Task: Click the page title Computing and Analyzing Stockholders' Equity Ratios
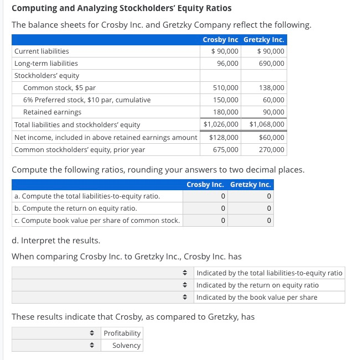point(121,8)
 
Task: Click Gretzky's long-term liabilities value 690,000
point(271,64)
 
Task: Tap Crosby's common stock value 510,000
point(226,88)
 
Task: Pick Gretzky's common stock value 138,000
point(271,88)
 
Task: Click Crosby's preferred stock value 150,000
point(226,100)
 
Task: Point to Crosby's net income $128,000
point(224,137)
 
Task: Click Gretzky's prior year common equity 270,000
point(271,150)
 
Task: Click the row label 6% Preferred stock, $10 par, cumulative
point(87,100)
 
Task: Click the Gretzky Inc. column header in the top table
point(264,40)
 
